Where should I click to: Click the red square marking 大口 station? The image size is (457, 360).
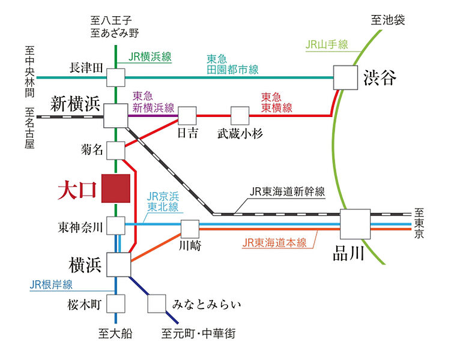pos(116,188)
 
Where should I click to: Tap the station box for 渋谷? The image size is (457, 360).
pos(346,77)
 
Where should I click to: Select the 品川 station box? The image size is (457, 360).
pos(356,224)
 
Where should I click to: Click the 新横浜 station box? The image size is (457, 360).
pos(116,116)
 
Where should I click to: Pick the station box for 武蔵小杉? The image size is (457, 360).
pos(240,116)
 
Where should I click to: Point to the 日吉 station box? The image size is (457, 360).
pos(187,116)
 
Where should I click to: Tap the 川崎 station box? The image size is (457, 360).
pos(190,229)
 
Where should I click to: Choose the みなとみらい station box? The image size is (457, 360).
pos(157,304)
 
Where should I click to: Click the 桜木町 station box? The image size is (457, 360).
pos(116,304)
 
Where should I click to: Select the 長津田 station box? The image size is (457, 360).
pos(116,77)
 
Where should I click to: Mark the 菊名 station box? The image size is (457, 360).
pos(116,151)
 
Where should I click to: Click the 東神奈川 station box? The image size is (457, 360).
pos(116,226)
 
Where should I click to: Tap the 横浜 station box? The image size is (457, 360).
pos(119,265)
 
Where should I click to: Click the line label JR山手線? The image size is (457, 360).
pos(327,44)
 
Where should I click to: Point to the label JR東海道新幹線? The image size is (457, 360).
pos(288,191)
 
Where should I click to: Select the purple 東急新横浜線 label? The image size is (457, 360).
pos(153,102)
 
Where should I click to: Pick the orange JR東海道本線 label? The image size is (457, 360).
pos(274,242)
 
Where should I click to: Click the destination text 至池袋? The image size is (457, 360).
pos(388,20)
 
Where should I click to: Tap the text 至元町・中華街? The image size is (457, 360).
pos(199,334)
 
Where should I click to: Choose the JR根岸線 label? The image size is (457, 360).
pos(51,284)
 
